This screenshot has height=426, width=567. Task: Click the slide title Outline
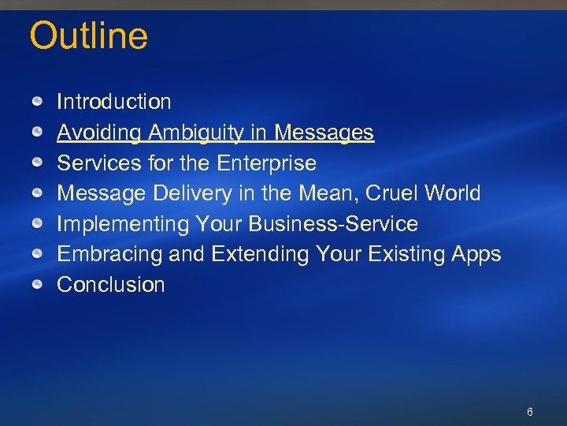coord(88,36)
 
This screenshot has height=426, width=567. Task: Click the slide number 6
coord(530,412)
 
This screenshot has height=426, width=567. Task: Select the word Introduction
coord(113,102)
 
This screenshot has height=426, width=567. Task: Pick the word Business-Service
coord(333,224)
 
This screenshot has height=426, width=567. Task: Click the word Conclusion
coord(111,285)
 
